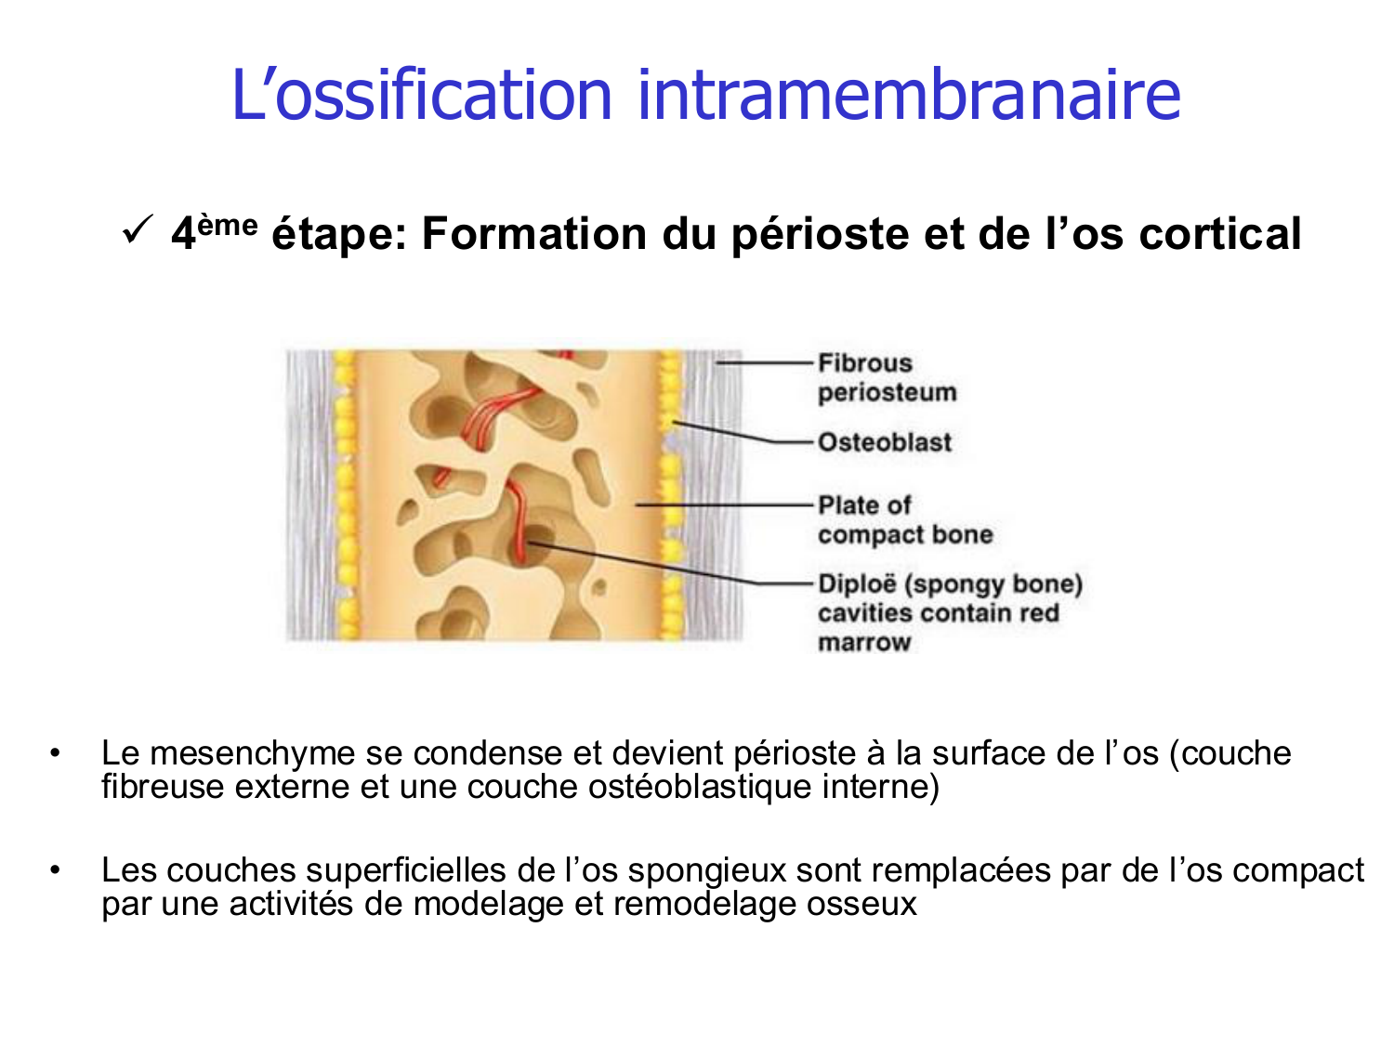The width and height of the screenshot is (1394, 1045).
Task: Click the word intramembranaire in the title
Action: click(x=908, y=95)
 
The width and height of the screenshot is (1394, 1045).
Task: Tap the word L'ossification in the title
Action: click(x=421, y=95)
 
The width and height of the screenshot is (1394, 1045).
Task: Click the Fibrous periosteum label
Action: click(x=886, y=377)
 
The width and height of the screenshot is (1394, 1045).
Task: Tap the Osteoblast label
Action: click(x=885, y=442)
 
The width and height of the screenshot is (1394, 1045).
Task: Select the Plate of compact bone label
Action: click(x=904, y=520)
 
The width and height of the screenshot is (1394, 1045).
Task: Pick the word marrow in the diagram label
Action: click(x=864, y=643)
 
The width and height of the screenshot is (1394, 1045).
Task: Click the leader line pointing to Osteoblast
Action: click(x=743, y=434)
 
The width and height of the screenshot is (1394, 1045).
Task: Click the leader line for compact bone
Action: click(x=725, y=505)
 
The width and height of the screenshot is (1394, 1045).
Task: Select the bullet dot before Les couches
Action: click(x=57, y=871)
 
